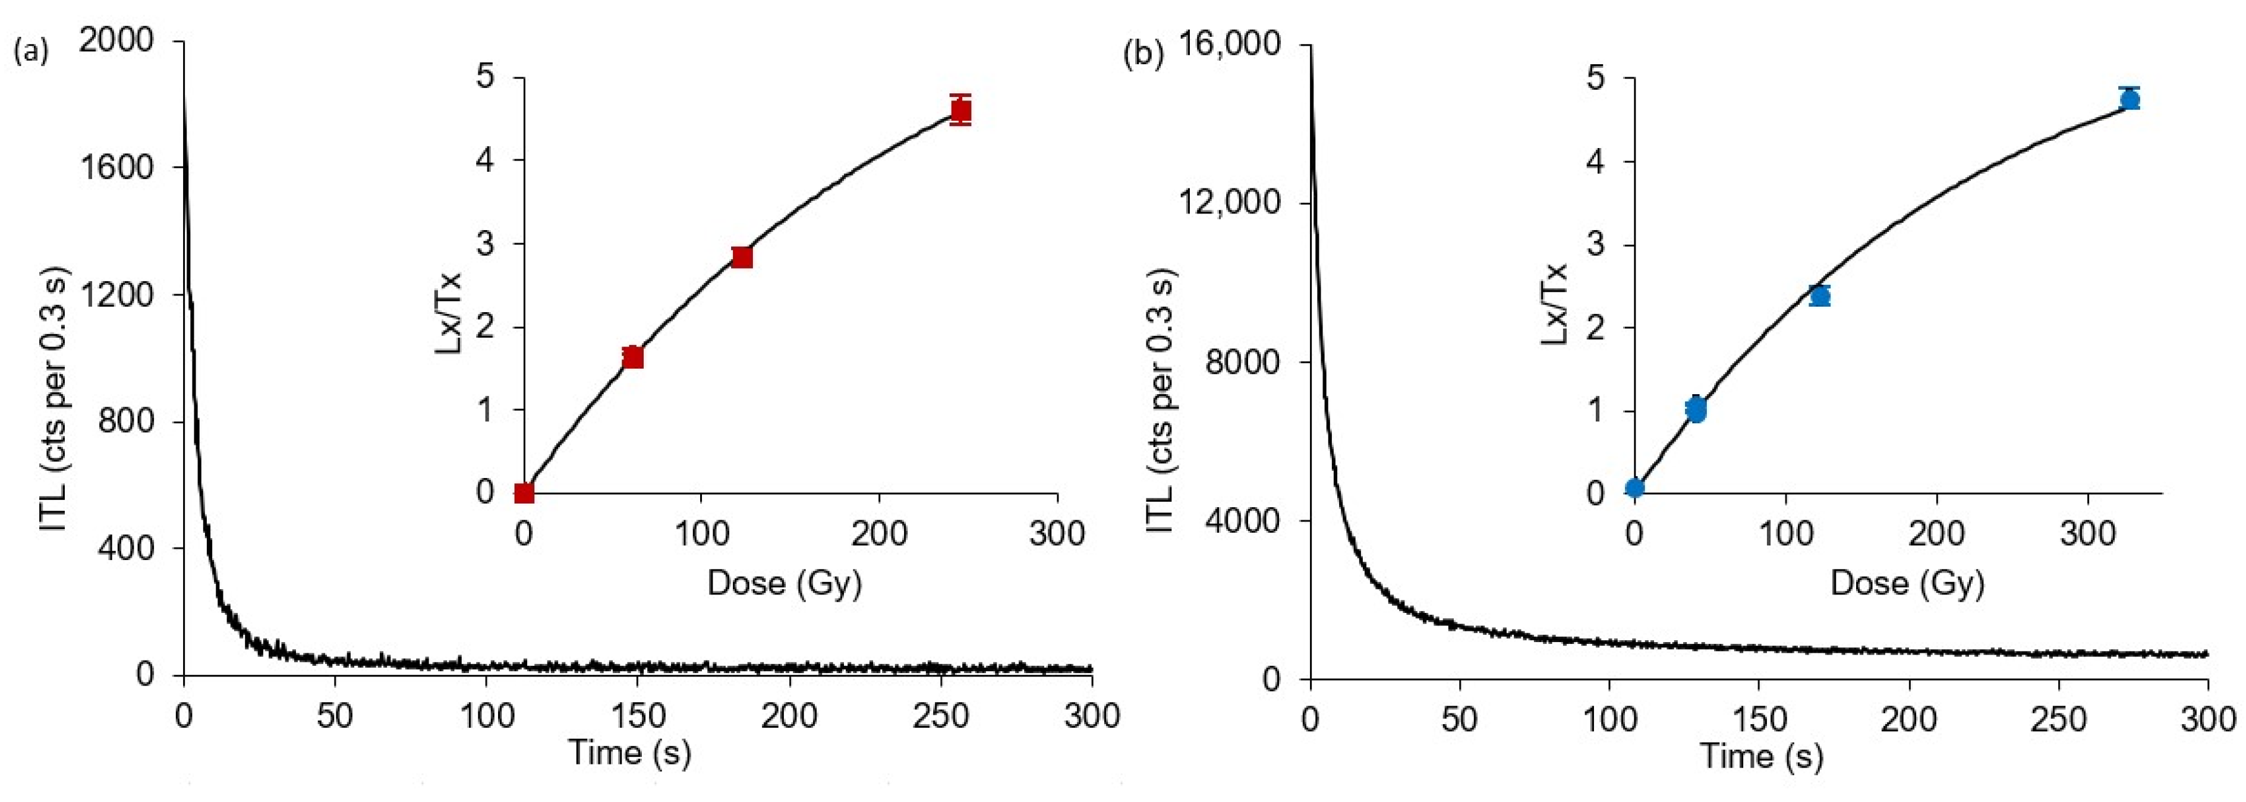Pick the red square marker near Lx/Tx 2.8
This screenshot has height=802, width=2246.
(x=742, y=257)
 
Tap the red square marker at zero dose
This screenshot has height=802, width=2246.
(x=524, y=493)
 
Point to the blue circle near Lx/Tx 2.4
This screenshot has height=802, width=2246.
(x=1820, y=297)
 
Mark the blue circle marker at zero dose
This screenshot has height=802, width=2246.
(x=1635, y=488)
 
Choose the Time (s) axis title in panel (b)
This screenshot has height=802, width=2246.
(x=1761, y=755)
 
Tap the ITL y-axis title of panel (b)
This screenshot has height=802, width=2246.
(x=1161, y=401)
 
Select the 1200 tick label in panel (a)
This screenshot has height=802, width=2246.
(x=116, y=294)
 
